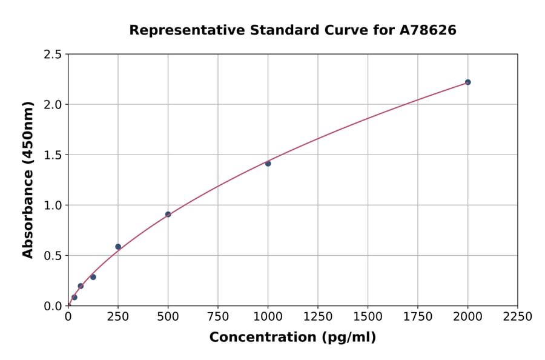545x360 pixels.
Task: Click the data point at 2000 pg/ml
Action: (x=467, y=82)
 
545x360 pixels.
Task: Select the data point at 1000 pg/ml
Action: (x=268, y=164)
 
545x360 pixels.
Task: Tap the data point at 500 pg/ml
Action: (x=168, y=215)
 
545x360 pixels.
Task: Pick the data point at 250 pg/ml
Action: (x=118, y=247)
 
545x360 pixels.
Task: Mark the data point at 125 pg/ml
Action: (x=93, y=277)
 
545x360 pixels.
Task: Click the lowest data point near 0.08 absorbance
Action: (x=74, y=298)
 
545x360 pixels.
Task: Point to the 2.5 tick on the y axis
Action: (x=53, y=55)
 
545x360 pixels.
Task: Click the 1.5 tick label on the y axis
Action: (x=53, y=155)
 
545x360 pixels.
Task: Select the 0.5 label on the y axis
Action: (x=53, y=256)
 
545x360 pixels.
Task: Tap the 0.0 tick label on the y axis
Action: (x=53, y=306)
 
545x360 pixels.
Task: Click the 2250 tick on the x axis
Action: (x=518, y=317)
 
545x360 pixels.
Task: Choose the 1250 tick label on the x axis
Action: (x=318, y=317)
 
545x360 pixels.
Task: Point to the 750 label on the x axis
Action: (x=218, y=317)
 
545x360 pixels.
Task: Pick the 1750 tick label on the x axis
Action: (x=418, y=317)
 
